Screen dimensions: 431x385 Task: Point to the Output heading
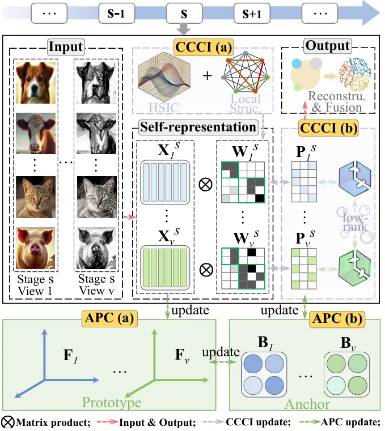click(328, 46)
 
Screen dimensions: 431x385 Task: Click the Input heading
click(66, 46)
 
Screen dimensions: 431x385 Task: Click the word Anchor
click(307, 404)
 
